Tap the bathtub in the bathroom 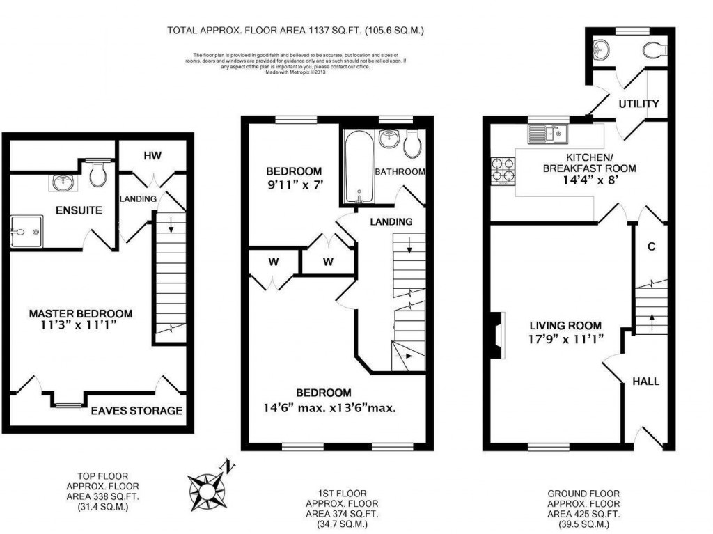click(x=358, y=166)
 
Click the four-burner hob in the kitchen click(x=502, y=171)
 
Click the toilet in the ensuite click(x=98, y=173)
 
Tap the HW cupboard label click(x=152, y=156)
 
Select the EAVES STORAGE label click(x=136, y=410)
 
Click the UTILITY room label click(x=639, y=104)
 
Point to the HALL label click(x=645, y=381)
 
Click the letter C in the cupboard click(x=651, y=246)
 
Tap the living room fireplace click(x=496, y=335)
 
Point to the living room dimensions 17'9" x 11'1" click(x=565, y=339)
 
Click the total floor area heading click(x=295, y=30)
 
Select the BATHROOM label click(x=400, y=171)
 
